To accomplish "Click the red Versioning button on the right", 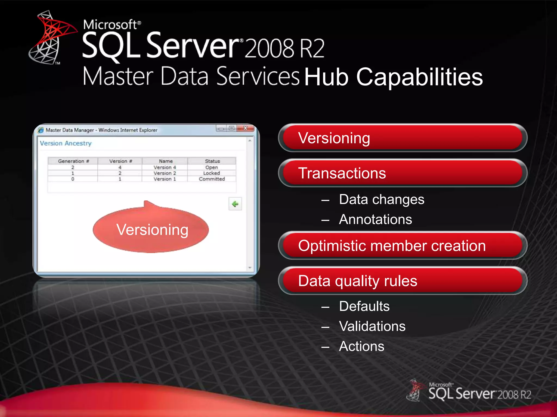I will click(x=403, y=138).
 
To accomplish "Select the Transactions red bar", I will click(x=403, y=173).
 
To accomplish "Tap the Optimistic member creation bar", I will click(x=403, y=246).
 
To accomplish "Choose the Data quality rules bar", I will click(x=403, y=281).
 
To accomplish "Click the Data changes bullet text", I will click(x=381, y=200).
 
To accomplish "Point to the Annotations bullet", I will click(x=375, y=219).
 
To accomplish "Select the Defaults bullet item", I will click(x=364, y=307).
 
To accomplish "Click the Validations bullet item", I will click(x=372, y=326).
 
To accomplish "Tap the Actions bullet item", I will click(x=361, y=346).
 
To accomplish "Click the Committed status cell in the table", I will click(x=212, y=179).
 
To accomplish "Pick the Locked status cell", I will click(x=212, y=173).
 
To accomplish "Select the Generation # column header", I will click(x=73, y=161).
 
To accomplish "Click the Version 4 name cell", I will click(x=165, y=168).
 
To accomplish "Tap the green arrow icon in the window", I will click(x=235, y=204).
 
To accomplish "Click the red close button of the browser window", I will click(x=245, y=128).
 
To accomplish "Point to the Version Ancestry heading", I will click(x=66, y=143).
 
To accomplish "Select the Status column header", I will click(x=212, y=161).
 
